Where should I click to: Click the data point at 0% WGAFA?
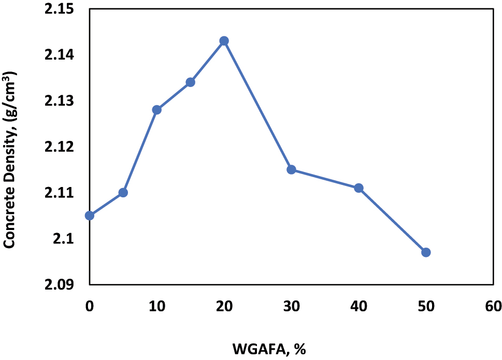90,215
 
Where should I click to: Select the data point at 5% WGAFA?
123,193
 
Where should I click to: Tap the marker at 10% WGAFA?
157,110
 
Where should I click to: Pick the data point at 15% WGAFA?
190,82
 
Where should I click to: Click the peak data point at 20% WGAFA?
224,41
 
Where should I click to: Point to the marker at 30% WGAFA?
291,169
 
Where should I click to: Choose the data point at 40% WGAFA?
358,188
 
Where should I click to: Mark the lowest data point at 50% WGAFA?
426,252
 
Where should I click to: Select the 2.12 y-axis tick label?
60,147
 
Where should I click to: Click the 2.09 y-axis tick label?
60,284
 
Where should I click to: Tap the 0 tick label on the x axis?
90,306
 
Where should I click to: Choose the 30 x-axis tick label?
291,306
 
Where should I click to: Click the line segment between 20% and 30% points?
257,105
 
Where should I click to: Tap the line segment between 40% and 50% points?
392,220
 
